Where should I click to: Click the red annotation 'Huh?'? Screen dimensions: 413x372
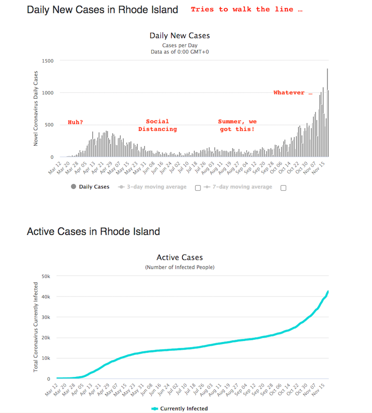point(75,122)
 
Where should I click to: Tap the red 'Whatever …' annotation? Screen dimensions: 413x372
point(293,93)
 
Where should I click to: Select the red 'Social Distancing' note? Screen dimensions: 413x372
point(157,125)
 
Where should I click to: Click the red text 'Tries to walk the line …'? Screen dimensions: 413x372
point(247,9)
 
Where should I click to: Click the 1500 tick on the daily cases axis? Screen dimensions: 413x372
point(47,61)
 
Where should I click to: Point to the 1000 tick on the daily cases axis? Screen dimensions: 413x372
point(47,93)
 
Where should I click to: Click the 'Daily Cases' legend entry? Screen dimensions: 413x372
point(94,187)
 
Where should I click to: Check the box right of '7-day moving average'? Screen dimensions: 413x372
point(284,188)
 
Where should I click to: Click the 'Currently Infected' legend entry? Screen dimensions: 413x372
point(184,408)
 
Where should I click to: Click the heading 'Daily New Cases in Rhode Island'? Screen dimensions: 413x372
point(102,9)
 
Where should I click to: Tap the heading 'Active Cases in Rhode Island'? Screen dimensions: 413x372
point(93,231)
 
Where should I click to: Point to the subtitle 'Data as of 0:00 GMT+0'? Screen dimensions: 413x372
point(179,52)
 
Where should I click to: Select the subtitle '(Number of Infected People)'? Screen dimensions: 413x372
point(179,267)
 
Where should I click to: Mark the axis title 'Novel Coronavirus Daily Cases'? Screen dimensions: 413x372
point(36,109)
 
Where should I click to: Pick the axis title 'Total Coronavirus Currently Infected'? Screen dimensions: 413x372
point(36,327)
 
